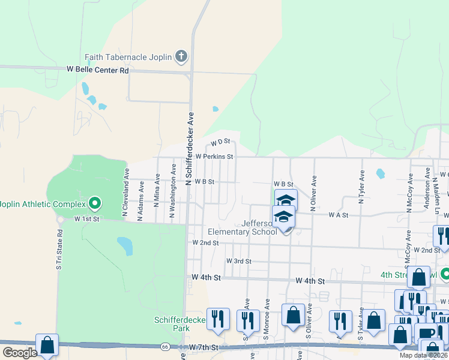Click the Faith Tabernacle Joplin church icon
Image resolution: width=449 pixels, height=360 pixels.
(x=182, y=58)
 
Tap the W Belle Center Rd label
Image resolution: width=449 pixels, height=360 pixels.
(x=98, y=70)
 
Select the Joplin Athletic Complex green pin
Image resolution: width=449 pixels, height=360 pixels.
(x=94, y=203)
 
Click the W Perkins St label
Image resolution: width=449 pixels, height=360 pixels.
(x=214, y=157)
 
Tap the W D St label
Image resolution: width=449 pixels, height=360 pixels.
(x=220, y=143)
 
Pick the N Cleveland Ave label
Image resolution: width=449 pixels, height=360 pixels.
(x=126, y=192)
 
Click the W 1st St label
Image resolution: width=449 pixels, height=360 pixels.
(x=87, y=220)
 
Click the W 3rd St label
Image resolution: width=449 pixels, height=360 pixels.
(x=238, y=261)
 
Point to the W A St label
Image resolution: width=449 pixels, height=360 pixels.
(x=338, y=215)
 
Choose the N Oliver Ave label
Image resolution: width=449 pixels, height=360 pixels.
(x=313, y=193)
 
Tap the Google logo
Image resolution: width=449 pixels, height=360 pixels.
(x=20, y=352)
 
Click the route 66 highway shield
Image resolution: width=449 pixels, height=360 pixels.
(x=164, y=347)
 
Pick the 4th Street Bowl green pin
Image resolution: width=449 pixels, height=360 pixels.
(x=445, y=275)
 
